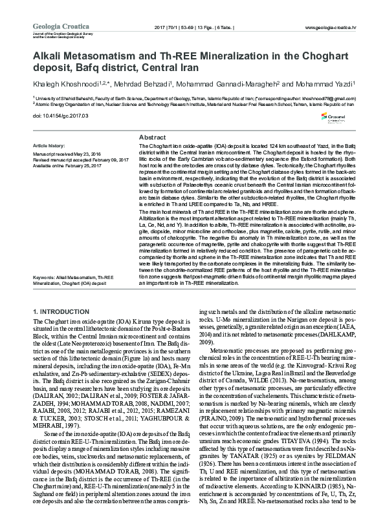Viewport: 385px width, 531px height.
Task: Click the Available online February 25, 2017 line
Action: click(67, 166)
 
